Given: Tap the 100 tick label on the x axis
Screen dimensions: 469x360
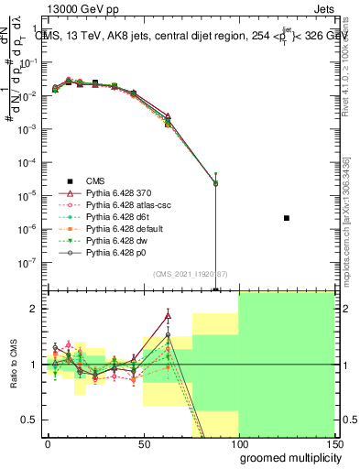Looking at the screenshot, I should (x=238, y=444).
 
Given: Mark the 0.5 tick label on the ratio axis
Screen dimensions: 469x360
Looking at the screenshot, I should (x=32, y=420).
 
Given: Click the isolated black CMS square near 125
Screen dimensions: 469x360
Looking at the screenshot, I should (x=287, y=218).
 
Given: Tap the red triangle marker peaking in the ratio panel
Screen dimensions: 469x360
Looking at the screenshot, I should (x=168, y=316).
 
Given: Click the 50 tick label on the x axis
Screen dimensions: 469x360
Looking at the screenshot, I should (x=143, y=444).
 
